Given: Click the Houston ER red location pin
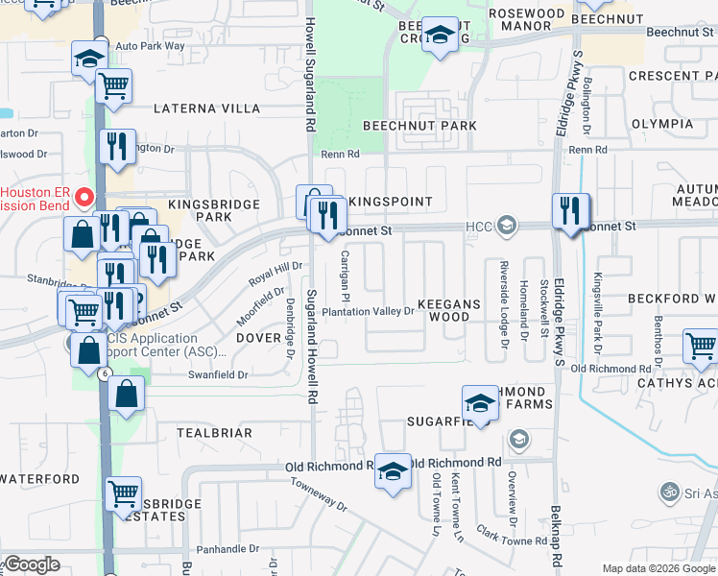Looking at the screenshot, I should (84, 199).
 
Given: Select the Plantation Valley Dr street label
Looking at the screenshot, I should (368, 311).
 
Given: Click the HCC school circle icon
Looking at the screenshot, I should (507, 227).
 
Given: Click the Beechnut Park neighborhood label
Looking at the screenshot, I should (419, 126).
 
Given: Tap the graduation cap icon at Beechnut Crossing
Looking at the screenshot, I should (440, 36).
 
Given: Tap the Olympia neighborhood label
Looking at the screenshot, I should (662, 124).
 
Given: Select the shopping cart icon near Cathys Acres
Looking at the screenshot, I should (700, 346).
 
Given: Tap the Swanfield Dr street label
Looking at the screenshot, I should (219, 375).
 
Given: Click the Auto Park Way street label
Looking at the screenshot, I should (149, 45).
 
